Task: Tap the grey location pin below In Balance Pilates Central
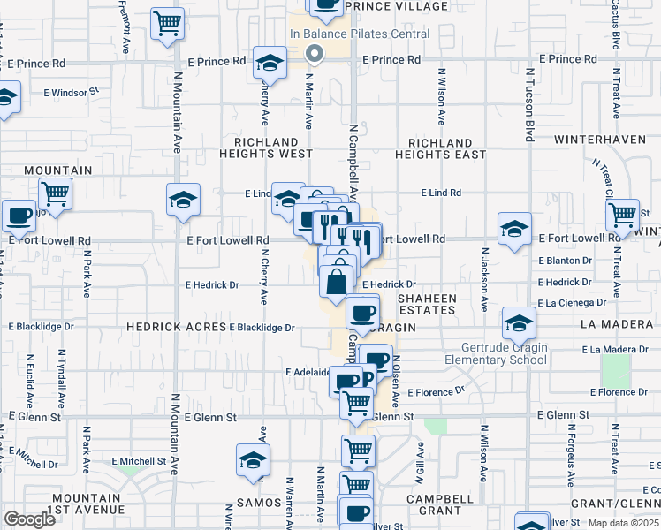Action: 314,55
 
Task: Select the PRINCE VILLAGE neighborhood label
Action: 396,6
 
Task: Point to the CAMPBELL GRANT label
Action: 434,504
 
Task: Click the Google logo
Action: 29,519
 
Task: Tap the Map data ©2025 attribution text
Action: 624,524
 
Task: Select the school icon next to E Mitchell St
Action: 253,460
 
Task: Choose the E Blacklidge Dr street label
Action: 262,328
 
